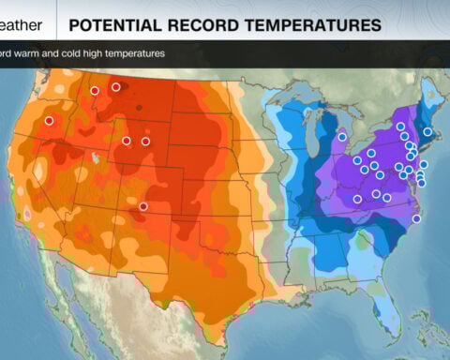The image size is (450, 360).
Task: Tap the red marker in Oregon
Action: pyautogui.click(x=49, y=120)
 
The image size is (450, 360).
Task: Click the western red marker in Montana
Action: pyautogui.click(x=95, y=90)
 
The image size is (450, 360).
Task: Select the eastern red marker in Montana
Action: pyautogui.click(x=116, y=87)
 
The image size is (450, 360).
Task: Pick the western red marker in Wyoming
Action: pyautogui.click(x=127, y=141)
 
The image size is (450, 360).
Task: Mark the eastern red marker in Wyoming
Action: pyautogui.click(x=145, y=141)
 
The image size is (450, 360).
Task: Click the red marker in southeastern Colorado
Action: pyautogui.click(x=143, y=206)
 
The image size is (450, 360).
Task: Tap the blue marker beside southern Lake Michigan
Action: pyautogui.click(x=342, y=137)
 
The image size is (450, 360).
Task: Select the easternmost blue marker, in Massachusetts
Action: pyautogui.click(x=427, y=131)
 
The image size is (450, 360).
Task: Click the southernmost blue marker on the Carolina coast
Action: pyautogui.click(x=416, y=219)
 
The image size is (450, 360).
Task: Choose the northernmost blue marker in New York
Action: pyautogui.click(x=400, y=126)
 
